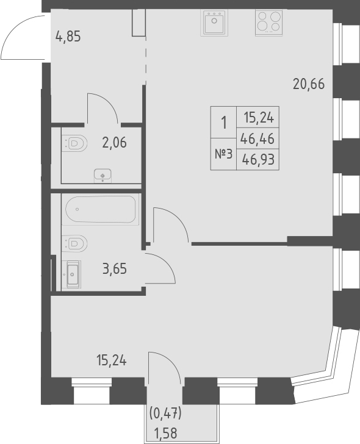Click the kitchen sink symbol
[x=214, y=24]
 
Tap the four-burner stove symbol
[x=268, y=24]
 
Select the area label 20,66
[x=308, y=85]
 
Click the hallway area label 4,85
[x=68, y=35]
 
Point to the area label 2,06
[x=114, y=143]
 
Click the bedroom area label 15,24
[x=112, y=360]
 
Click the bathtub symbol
[x=101, y=210]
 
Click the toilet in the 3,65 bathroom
[x=73, y=243]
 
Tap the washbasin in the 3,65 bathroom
[x=71, y=274]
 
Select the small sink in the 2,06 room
[x=103, y=176]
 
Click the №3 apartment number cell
[x=223, y=153]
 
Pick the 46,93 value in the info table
[x=257, y=160]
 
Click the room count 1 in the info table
[x=223, y=122]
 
